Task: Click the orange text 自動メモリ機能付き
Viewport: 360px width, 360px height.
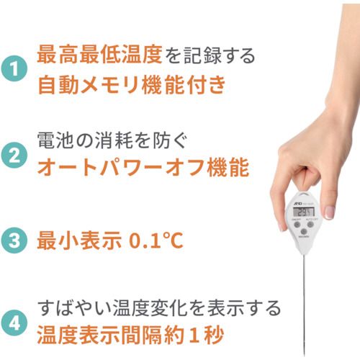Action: tap(132, 86)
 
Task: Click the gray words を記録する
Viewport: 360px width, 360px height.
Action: tap(212, 55)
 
